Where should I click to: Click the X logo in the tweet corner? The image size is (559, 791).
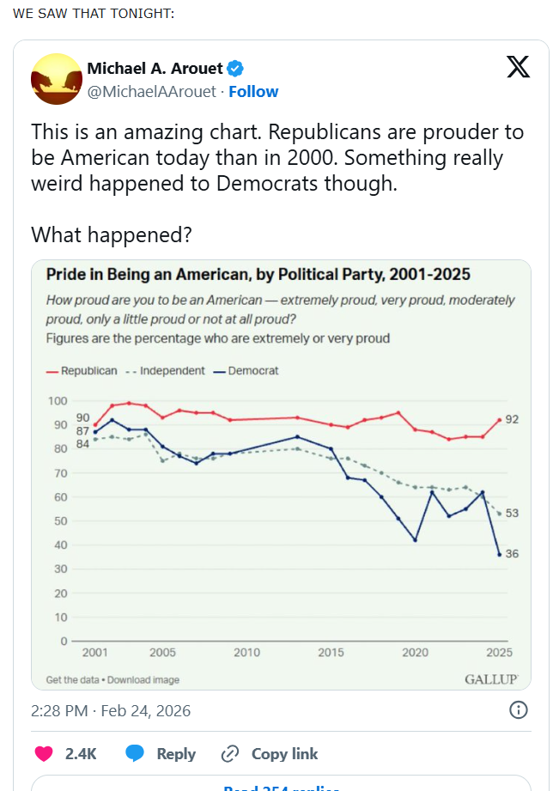coord(518,67)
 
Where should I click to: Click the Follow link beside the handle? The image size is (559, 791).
coord(253,91)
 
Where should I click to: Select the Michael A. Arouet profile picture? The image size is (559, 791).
coord(57,79)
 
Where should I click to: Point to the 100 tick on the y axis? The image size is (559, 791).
coord(58,401)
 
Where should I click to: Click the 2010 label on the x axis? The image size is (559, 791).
coord(246,653)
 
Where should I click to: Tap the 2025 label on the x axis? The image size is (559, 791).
coord(499,653)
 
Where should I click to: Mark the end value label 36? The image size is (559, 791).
coord(512,554)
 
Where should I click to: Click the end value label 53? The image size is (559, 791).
coord(512,513)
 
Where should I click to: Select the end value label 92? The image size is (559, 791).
coord(512,419)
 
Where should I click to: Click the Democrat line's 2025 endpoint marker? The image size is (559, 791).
coord(499,554)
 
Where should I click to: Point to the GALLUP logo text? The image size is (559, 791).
coord(491,679)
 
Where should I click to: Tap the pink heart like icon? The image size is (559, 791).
coord(43,754)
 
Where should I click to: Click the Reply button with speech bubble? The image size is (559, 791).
coord(161,754)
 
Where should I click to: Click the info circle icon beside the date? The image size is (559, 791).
coord(518,710)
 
